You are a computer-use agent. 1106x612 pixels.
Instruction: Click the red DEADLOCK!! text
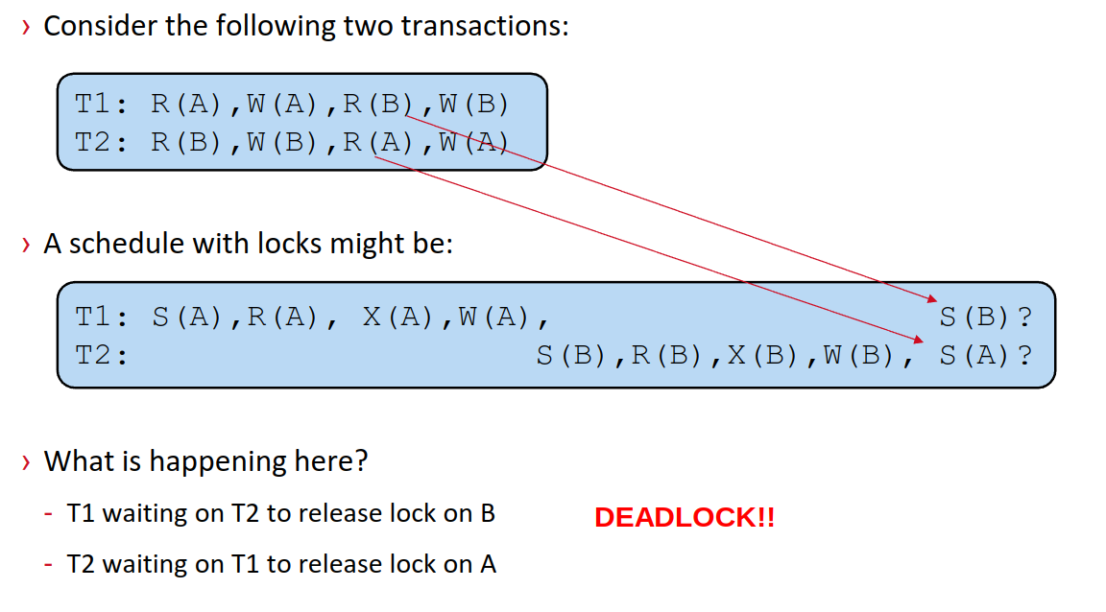click(685, 518)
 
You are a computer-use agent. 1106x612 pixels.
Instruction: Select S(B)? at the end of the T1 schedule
click(985, 318)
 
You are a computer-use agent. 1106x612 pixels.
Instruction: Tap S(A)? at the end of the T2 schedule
click(985, 355)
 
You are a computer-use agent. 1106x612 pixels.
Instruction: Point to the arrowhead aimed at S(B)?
click(932, 299)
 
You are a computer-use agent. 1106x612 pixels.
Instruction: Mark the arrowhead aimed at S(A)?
click(919, 340)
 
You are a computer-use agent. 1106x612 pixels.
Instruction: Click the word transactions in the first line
click(484, 26)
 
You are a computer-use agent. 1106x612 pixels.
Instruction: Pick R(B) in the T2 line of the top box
click(185, 142)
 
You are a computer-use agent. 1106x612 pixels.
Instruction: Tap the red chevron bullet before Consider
click(26, 28)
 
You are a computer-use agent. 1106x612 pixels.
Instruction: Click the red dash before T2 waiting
click(49, 564)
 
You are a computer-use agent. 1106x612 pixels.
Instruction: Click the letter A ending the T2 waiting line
click(488, 565)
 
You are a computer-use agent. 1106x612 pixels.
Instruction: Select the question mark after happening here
click(360, 461)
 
